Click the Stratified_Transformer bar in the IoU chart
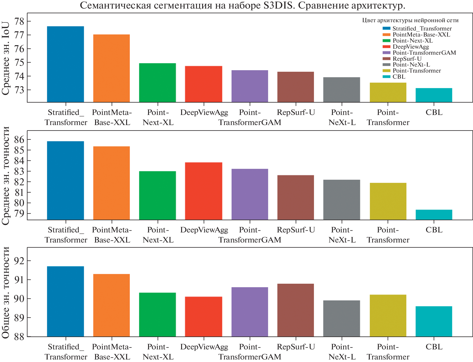click(66, 64)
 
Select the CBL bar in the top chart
click(434, 95)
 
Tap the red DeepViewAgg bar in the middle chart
click(204, 191)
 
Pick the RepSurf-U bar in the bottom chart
click(296, 310)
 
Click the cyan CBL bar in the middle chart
click(434, 215)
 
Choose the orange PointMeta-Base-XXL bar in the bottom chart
click(112, 305)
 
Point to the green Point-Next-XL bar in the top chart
click(157, 83)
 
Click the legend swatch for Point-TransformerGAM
click(386, 53)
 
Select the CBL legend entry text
click(399, 77)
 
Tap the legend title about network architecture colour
click(410, 20)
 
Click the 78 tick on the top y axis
click(19, 21)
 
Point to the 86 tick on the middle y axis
click(19, 139)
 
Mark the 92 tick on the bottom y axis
click(19, 261)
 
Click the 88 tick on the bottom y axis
click(19, 337)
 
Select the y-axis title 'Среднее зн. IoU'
click(6, 58)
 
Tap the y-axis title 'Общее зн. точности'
click(6, 292)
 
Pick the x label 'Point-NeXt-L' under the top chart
click(342, 117)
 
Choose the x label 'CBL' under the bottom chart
click(434, 347)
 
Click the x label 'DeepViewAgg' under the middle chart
click(204, 230)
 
